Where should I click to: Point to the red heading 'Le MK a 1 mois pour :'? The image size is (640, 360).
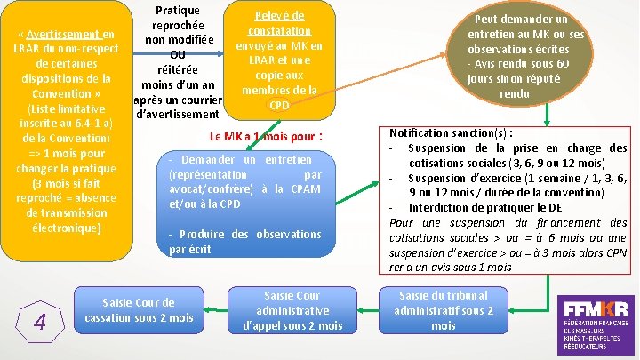[265, 137]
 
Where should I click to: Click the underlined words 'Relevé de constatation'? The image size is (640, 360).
[279, 23]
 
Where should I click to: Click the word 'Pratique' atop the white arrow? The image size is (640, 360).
[177, 11]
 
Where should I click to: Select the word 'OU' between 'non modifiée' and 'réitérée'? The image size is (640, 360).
[177, 54]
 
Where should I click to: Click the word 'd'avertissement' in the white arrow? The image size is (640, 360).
[177, 115]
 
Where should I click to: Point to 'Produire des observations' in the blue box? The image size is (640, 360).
[244, 234]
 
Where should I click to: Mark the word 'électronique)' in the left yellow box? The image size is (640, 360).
[68, 228]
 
